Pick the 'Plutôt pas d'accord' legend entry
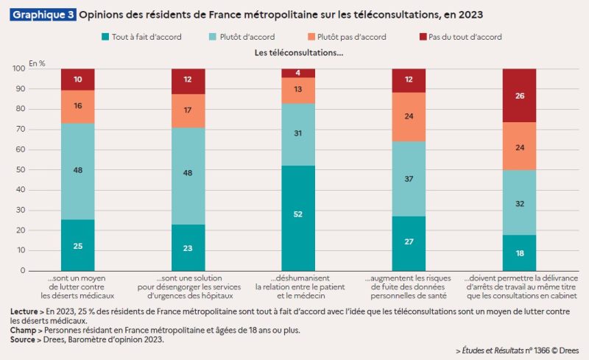[345, 37]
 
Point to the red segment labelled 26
[519, 96]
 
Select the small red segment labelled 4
[299, 73]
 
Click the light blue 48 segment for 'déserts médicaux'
[78, 171]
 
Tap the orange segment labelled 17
[188, 111]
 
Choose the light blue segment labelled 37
[409, 179]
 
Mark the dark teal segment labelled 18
[519, 253]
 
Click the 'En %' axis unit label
[37, 63]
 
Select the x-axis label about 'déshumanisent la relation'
[299, 285]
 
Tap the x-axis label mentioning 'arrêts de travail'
[519, 285]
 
